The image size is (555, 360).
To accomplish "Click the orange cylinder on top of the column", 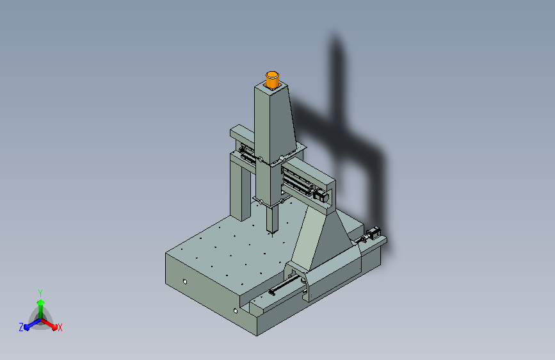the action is click(272, 79).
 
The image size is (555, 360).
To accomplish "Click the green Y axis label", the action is click(40, 293).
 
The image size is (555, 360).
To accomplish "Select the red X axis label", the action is click(60, 328).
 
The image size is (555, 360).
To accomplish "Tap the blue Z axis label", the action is click(21, 327).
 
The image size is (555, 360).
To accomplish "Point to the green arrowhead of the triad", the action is click(40, 302).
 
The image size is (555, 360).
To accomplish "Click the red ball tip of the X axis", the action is click(54, 327).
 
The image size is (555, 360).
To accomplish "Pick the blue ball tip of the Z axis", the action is click(27, 327).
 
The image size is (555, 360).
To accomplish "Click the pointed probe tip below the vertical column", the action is click(272, 234).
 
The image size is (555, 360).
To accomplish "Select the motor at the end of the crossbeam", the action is click(321, 196).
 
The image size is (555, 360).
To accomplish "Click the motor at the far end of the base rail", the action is click(373, 234).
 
